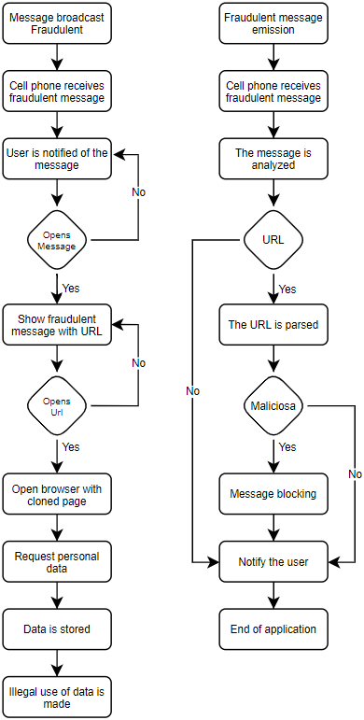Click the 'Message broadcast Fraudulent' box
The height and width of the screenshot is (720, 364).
point(57,23)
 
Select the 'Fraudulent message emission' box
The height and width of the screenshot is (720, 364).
point(273,23)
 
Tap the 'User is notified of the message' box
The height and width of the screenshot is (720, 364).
point(57,159)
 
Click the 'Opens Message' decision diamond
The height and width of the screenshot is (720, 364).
point(57,240)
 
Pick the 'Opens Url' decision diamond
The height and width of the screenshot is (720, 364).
point(57,406)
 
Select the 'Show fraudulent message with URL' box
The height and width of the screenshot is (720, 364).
point(57,324)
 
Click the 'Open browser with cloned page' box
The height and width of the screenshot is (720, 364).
point(57,495)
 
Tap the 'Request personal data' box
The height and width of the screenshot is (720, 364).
point(57,562)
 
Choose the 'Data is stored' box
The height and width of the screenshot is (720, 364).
point(57,629)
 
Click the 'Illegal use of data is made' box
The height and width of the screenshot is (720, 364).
point(57,697)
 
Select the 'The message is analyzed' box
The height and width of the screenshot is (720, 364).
point(273,159)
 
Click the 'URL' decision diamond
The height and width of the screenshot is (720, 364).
point(273,240)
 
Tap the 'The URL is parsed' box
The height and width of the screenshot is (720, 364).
point(273,325)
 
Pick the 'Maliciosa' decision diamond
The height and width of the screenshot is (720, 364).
point(273,406)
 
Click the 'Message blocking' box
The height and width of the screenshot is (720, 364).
point(273,493)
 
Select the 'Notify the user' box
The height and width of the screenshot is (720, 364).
point(273,562)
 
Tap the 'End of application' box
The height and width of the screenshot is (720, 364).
point(273,629)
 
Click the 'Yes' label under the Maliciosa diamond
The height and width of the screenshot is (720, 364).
point(287,447)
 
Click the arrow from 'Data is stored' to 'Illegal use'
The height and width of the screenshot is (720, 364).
point(57,662)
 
